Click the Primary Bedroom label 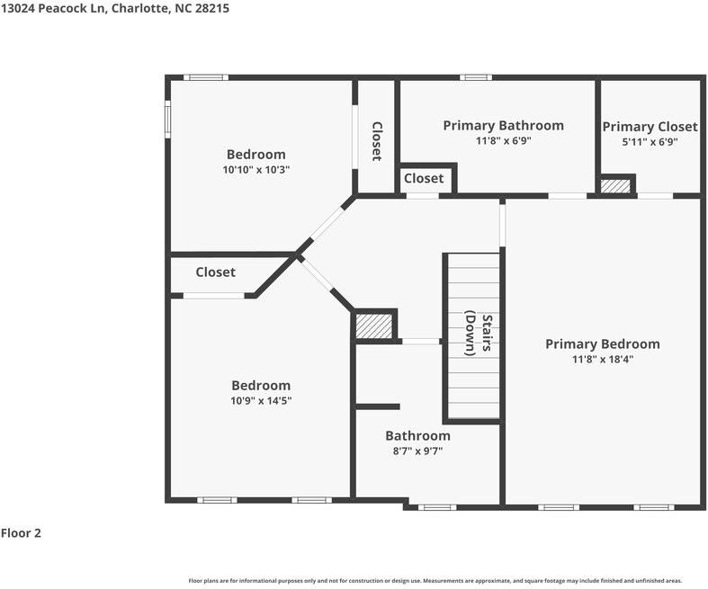tap(603, 344)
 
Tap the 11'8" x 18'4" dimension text tap(603, 360)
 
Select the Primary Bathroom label tap(504, 126)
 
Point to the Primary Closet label tap(650, 127)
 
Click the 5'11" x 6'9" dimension tap(650, 142)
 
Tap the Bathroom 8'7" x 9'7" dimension tap(417, 451)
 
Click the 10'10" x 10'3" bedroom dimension tap(256, 170)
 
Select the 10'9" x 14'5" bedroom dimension tap(261, 401)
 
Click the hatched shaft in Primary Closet tap(615, 186)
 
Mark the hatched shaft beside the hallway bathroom tap(374, 326)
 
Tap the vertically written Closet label tap(377, 141)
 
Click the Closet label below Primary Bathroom tap(424, 178)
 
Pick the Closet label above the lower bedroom tap(215, 272)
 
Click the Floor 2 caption tap(21, 533)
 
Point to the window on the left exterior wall tap(168, 120)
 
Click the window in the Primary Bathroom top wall tap(476, 77)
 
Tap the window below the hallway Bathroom tap(437, 507)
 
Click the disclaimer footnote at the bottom tap(435, 581)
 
